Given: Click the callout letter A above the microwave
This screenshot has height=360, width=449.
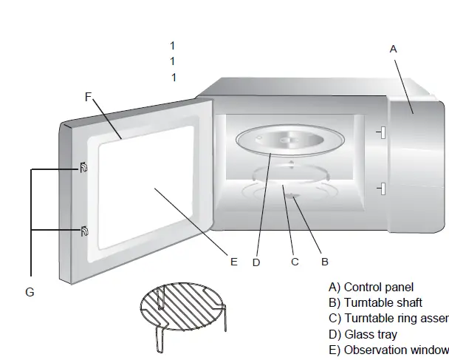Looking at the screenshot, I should pos(393,49).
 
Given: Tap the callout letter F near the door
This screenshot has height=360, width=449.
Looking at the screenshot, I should pos(89,97).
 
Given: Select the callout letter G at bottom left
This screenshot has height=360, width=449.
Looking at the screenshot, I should pos(30,292).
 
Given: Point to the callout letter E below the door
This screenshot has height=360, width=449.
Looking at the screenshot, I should pos(234,261).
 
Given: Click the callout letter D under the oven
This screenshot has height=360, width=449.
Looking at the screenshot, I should pos(256,262).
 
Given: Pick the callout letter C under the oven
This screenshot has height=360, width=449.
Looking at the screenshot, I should pos(295,261).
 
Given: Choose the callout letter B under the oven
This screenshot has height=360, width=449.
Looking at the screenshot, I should pos(324,261).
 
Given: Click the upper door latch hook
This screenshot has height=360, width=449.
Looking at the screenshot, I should pos(83,169).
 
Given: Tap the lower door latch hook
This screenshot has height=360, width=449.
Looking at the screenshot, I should pos(83,232).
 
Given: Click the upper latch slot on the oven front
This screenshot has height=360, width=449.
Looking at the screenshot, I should pos(381,133).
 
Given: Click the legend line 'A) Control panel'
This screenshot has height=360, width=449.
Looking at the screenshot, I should pos(371,287).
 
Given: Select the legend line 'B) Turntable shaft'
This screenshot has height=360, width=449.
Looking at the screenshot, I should pos(375,302).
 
